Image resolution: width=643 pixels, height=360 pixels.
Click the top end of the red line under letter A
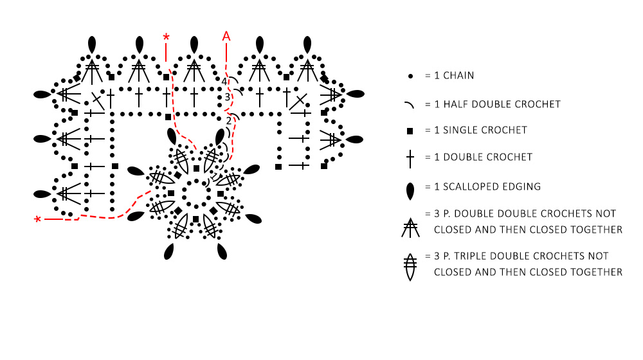pyautogui.click(x=226, y=43)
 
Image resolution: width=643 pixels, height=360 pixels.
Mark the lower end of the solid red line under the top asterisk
pyautogui.click(x=166, y=62)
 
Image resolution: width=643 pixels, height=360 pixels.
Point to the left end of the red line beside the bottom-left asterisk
pyautogui.click(x=44, y=219)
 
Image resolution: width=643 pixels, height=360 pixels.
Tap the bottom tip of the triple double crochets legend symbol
pyautogui.click(x=410, y=280)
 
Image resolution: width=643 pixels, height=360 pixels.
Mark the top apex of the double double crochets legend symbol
pyautogui.click(x=410, y=218)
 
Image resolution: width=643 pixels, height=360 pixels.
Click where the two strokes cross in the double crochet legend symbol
pyautogui.click(x=410, y=156)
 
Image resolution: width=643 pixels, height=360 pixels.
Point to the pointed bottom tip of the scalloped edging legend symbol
pyautogui.click(x=410, y=200)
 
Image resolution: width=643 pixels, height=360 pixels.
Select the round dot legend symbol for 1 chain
pyautogui.click(x=410, y=76)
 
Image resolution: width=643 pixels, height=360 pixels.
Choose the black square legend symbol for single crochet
pyautogui.click(x=410, y=131)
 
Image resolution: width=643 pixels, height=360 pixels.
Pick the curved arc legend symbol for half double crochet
pyautogui.click(x=409, y=105)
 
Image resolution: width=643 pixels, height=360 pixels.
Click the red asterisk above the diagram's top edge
pyautogui.click(x=166, y=37)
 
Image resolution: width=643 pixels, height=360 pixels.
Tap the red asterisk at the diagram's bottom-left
pyautogui.click(x=38, y=219)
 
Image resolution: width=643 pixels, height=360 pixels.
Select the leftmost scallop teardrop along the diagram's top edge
pyautogui.click(x=92, y=45)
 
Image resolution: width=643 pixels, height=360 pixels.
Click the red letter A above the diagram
pyautogui.click(x=226, y=36)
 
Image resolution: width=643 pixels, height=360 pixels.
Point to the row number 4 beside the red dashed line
pyautogui.click(x=224, y=82)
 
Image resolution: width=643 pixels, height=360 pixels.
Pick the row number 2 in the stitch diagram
pyautogui.click(x=229, y=121)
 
